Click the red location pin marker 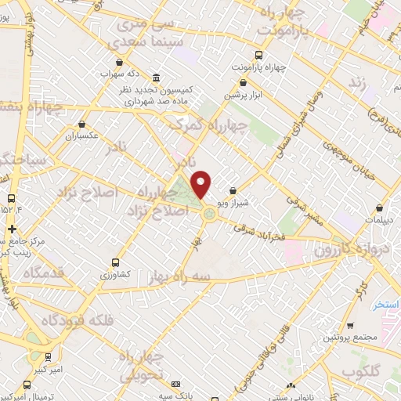click(201, 184)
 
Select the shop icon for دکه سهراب click(119, 62)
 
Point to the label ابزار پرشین click(242, 95)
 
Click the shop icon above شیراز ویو click(233, 190)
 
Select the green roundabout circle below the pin click(210, 213)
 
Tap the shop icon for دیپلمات click(380, 209)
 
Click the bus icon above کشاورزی click(116, 263)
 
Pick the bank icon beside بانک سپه click(175, 385)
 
